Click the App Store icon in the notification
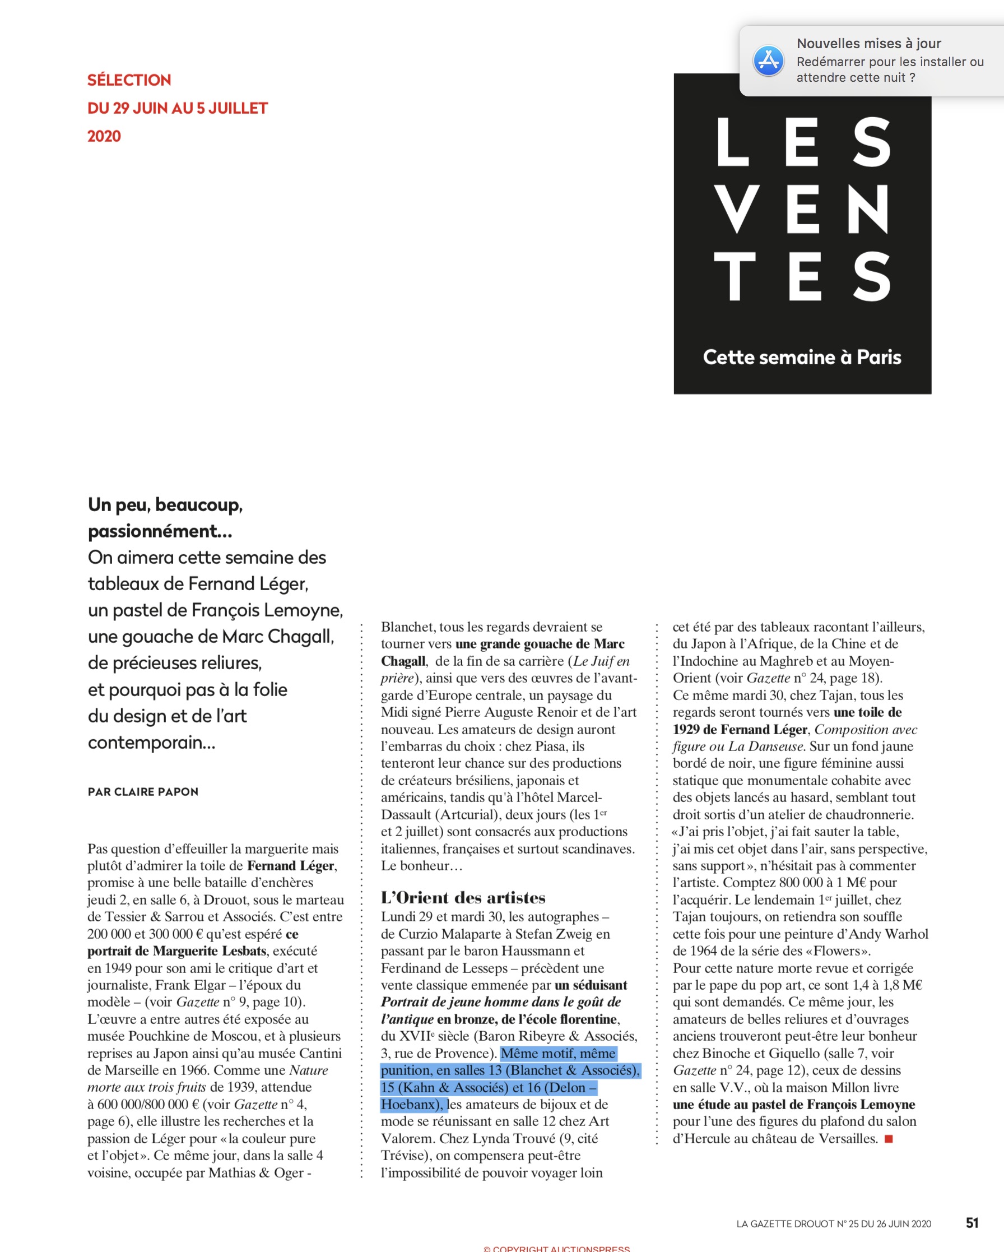point(768,61)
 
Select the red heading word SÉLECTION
point(129,80)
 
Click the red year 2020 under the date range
point(104,137)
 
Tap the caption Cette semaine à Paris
point(802,357)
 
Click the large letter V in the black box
point(737,209)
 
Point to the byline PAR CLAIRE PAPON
point(143,792)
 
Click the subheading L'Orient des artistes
point(463,898)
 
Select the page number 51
point(972,1223)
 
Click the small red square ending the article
point(889,1139)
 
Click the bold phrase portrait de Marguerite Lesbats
point(176,951)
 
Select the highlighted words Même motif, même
point(558,1054)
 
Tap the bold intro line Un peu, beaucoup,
point(165,504)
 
